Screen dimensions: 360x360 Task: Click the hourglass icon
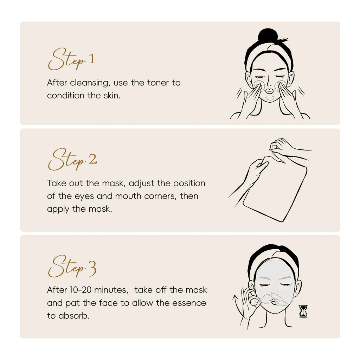303,311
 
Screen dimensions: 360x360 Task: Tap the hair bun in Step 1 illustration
268,36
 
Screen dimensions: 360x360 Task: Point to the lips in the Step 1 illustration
269,91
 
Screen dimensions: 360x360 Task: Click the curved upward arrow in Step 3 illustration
236,306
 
